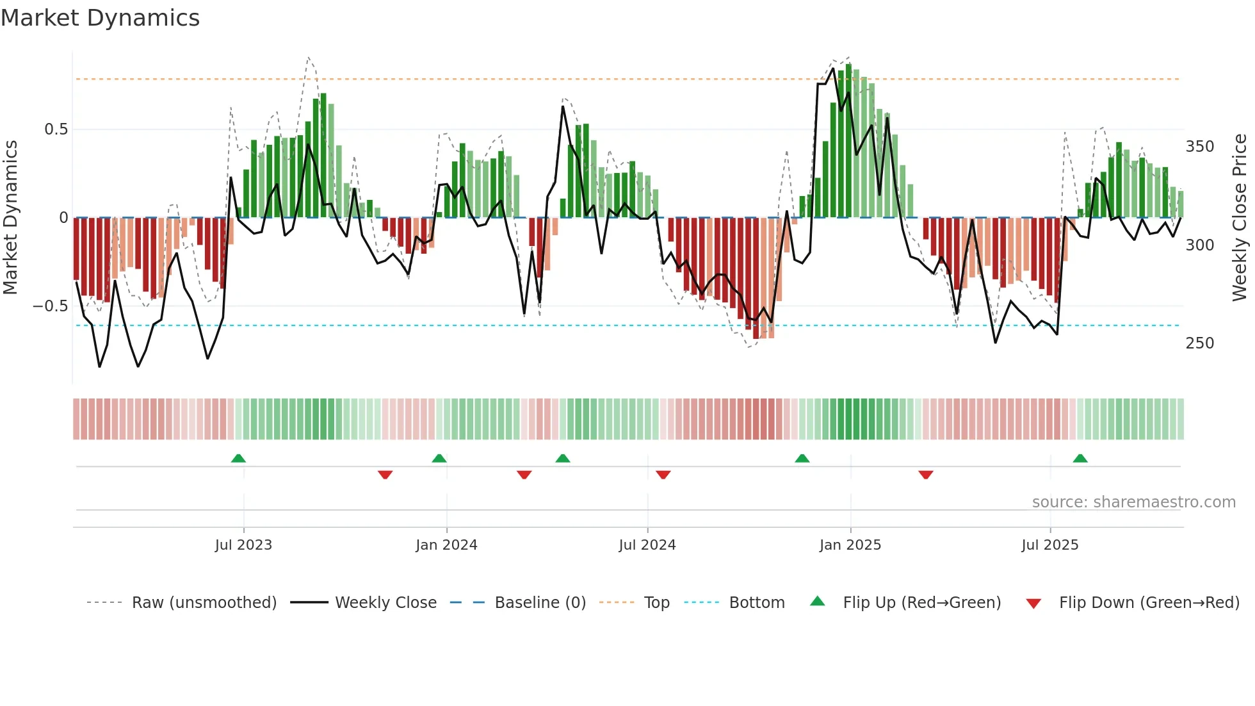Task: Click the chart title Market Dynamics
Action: (101, 18)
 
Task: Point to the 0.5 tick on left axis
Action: (56, 129)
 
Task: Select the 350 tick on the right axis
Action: (1200, 147)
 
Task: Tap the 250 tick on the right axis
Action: (1200, 343)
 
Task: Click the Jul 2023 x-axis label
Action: (243, 545)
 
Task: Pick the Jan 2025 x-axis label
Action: (850, 545)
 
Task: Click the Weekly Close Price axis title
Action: (1240, 218)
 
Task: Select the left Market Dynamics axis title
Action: (10, 218)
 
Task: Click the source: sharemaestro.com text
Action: (1133, 502)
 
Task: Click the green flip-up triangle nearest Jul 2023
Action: (238, 459)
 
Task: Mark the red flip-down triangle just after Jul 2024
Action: (663, 475)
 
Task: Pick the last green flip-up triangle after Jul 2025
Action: (1080, 459)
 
